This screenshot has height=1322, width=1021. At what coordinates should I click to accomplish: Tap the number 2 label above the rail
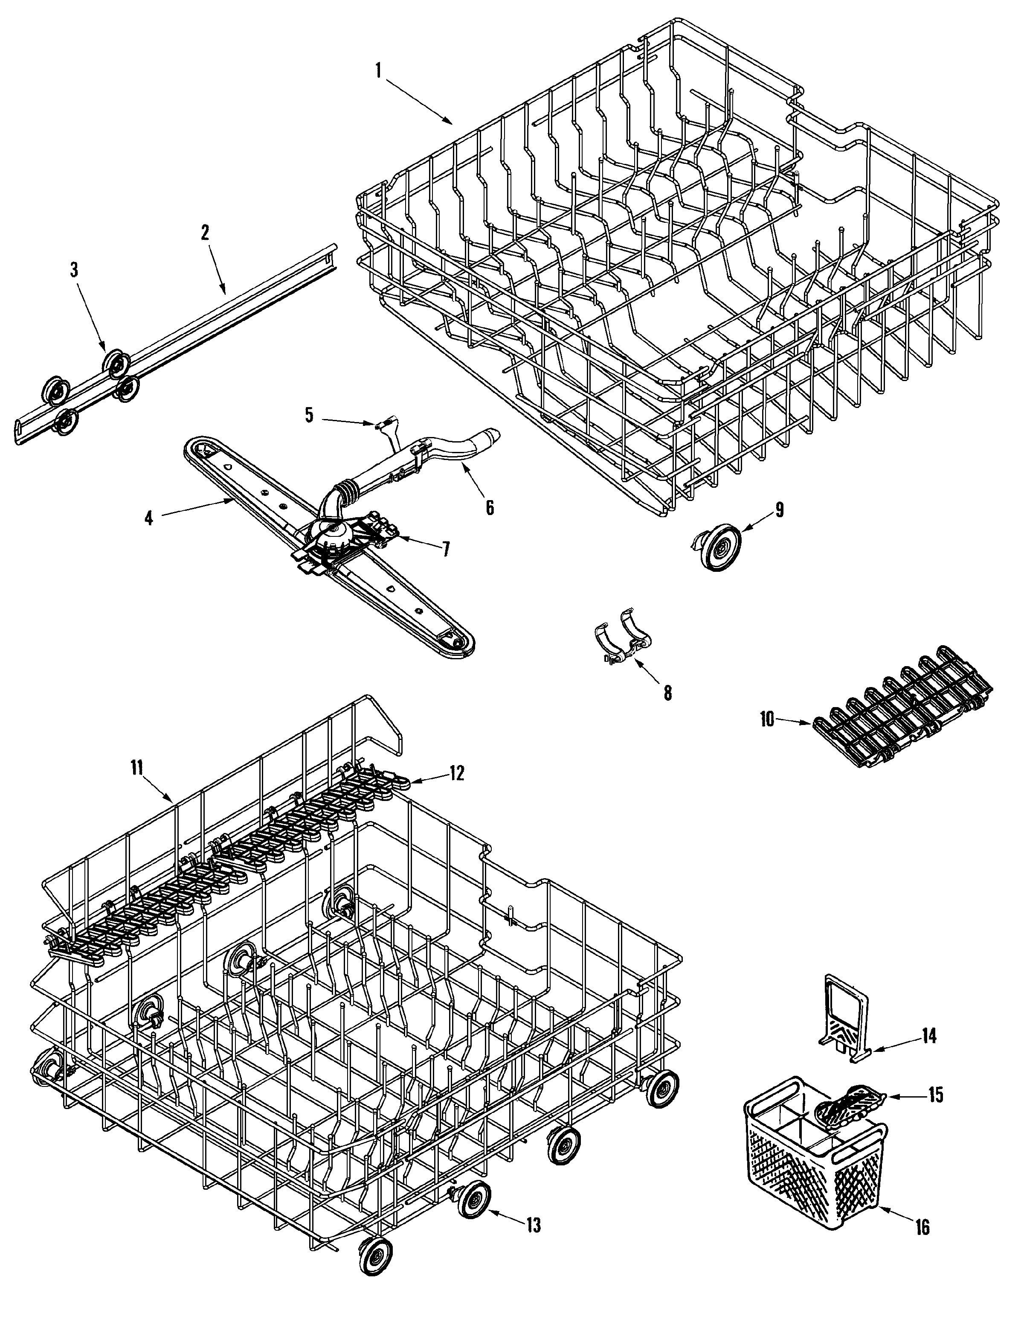click(x=205, y=232)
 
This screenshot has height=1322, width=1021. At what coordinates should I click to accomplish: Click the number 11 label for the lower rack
click(x=137, y=768)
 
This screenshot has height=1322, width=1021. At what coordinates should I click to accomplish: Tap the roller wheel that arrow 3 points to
click(x=115, y=363)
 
